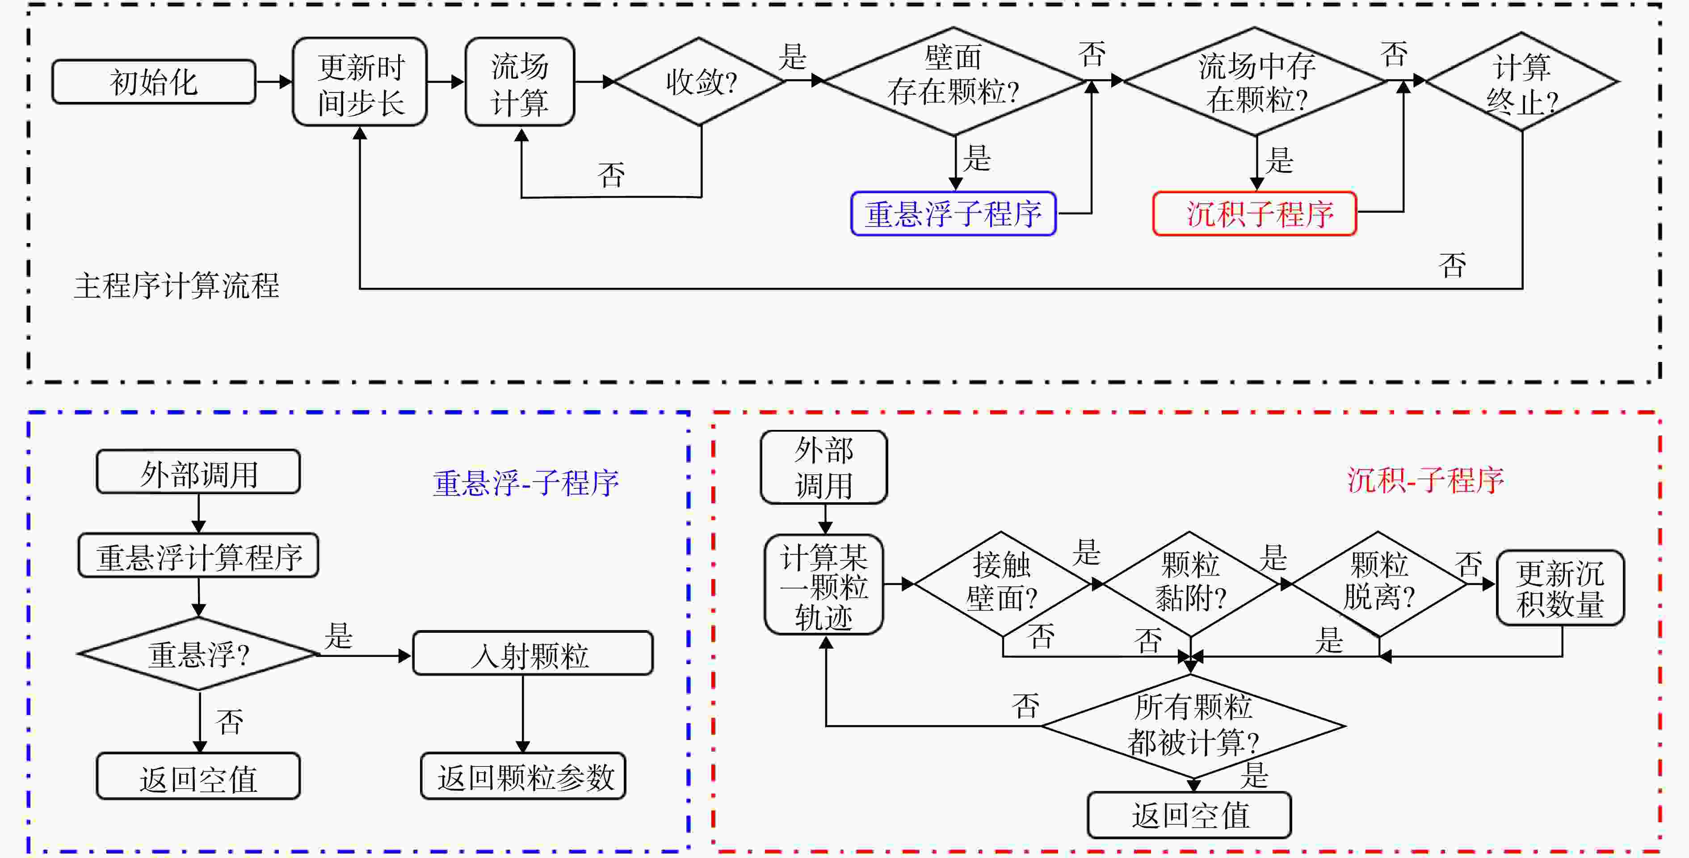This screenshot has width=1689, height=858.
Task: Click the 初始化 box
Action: click(153, 82)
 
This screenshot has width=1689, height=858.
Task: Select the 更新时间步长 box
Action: click(360, 82)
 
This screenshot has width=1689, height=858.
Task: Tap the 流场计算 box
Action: click(520, 82)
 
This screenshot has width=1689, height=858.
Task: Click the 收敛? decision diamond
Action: click(700, 82)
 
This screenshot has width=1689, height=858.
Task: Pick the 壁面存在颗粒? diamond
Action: click(954, 81)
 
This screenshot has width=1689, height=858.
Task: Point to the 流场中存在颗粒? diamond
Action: click(1255, 81)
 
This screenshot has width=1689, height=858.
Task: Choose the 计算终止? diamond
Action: click(1522, 82)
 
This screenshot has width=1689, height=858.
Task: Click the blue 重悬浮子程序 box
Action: click(954, 213)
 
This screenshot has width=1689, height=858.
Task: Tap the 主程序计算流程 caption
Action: click(177, 286)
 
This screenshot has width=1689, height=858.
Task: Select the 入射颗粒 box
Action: click(533, 653)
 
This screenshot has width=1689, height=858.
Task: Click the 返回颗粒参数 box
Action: click(523, 776)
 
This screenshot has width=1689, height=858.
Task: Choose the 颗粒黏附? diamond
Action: click(1190, 584)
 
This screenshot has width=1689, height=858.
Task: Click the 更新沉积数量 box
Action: click(1560, 588)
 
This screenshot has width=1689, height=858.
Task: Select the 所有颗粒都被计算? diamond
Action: click(1193, 726)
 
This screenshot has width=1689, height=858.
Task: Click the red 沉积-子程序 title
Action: click(1425, 480)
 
